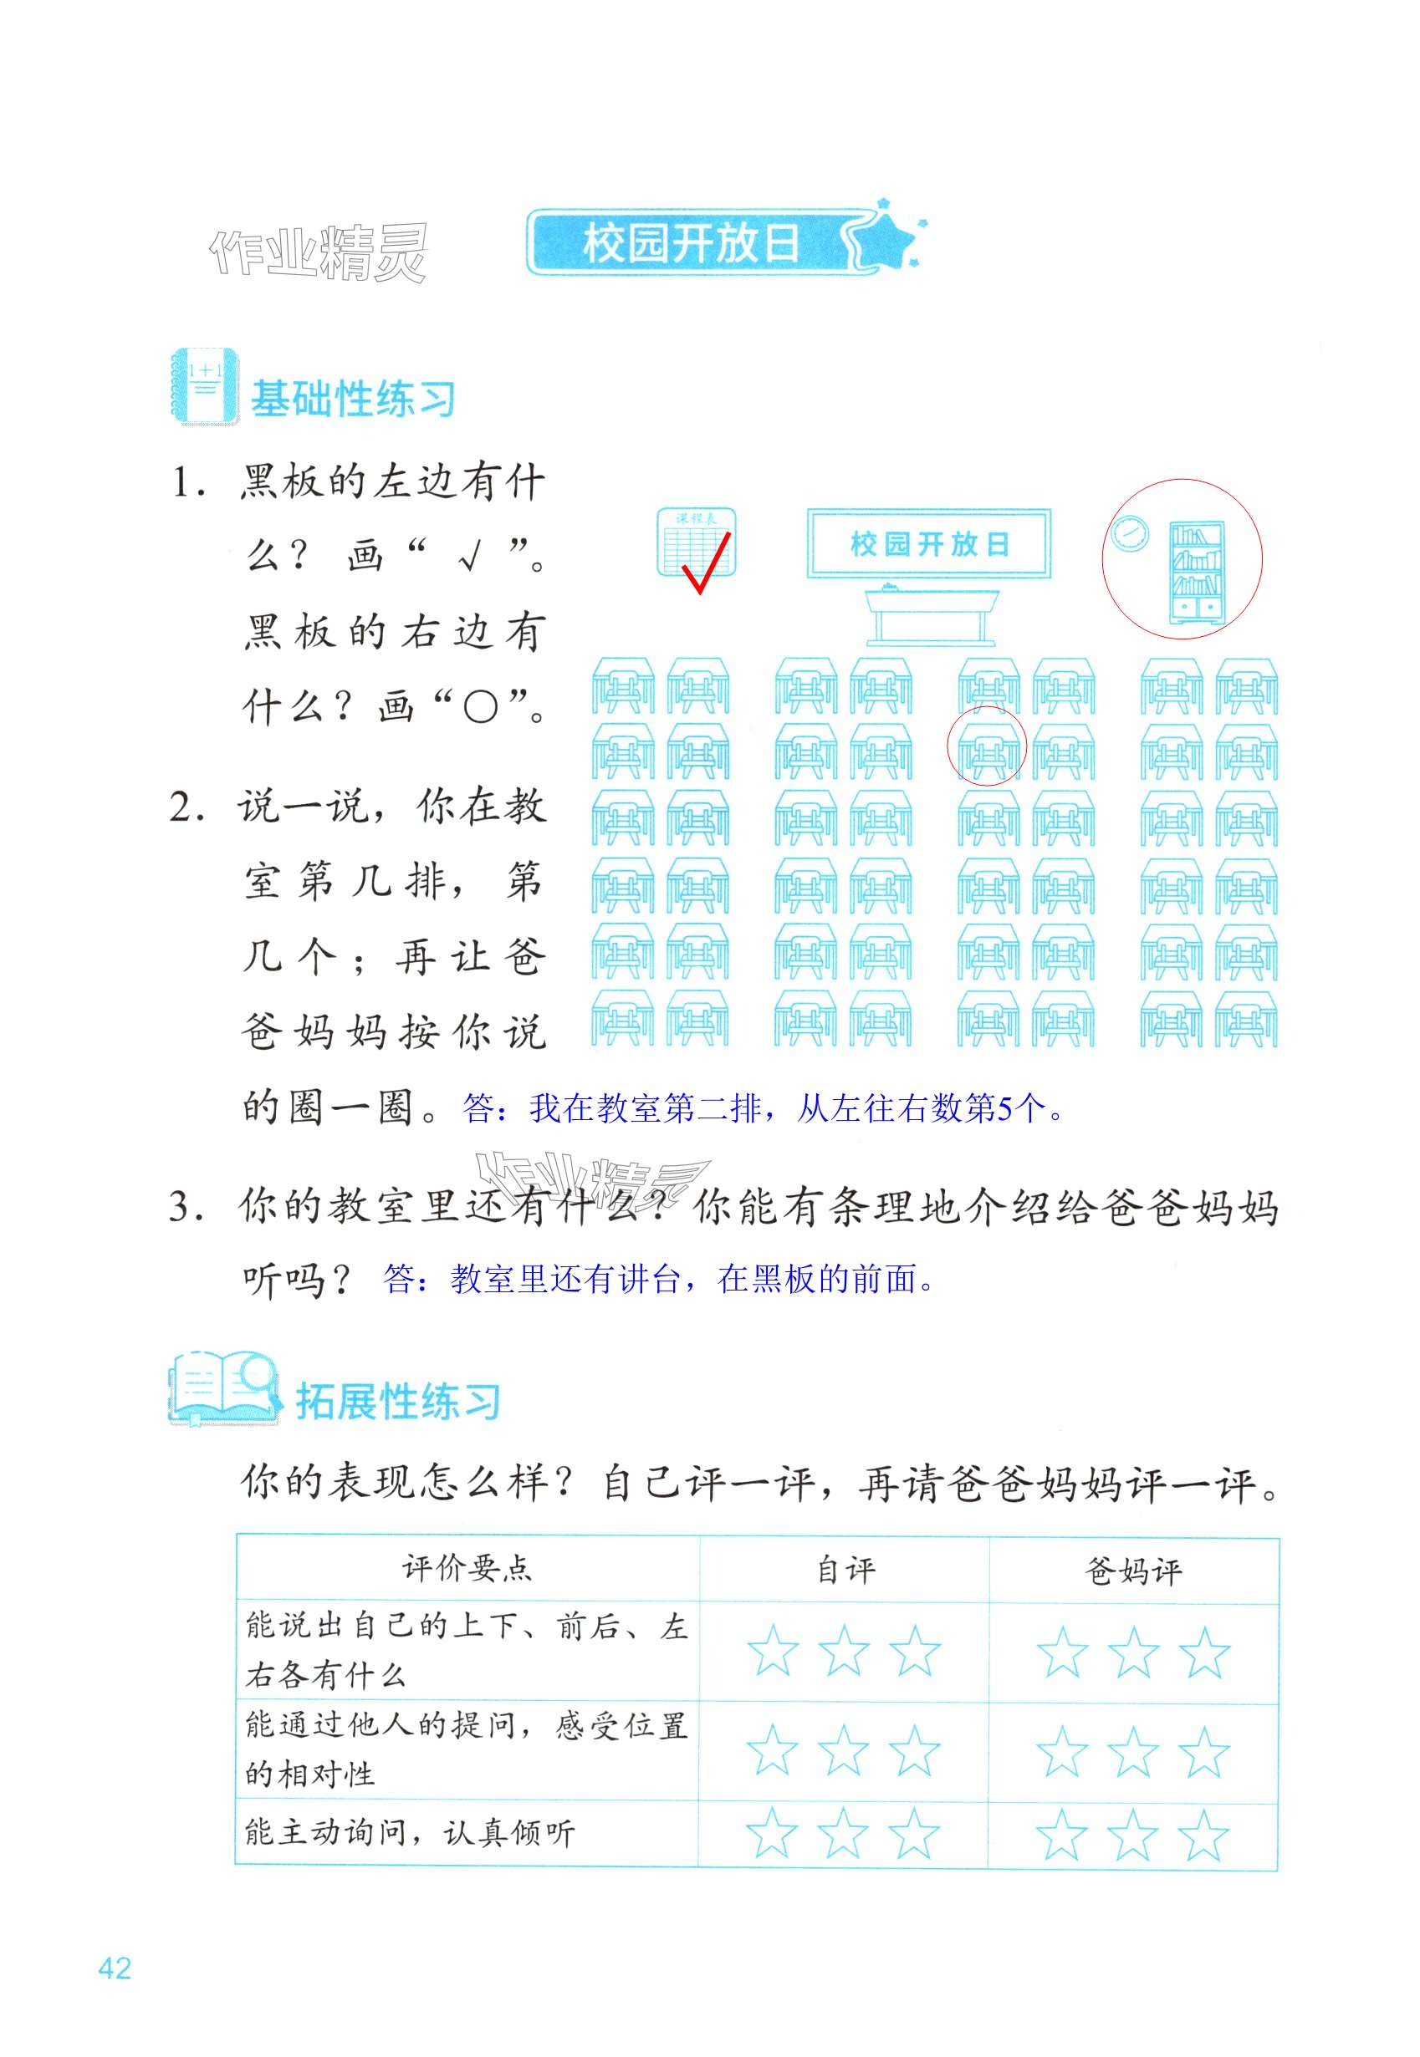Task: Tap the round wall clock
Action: [1128, 533]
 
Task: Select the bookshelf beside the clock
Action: [1196, 572]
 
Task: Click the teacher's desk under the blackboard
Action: [931, 613]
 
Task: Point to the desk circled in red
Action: [987, 747]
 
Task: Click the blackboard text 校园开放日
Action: [929, 544]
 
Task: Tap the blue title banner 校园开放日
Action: [692, 242]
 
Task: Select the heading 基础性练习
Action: [352, 399]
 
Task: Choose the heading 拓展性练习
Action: [398, 1403]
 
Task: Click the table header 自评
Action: [845, 1571]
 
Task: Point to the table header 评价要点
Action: [467, 1569]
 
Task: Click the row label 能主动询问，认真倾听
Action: [410, 1832]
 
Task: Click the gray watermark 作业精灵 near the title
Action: [319, 252]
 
